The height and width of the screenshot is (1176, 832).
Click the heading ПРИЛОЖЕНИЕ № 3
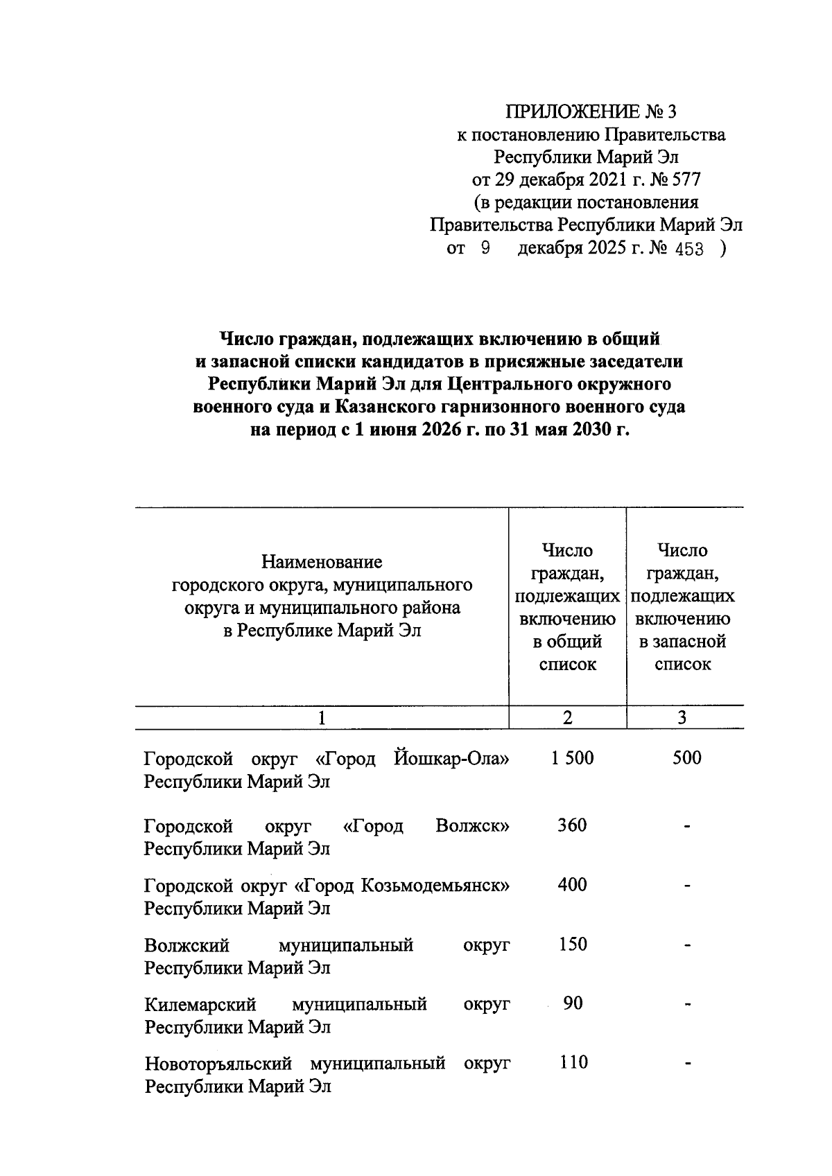591,112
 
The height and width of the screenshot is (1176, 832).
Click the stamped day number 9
485,249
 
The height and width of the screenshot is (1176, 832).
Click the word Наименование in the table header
322,561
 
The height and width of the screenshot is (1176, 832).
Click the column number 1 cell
322,718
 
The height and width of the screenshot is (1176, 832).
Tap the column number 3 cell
682,718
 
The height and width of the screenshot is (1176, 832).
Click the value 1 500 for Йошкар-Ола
573,758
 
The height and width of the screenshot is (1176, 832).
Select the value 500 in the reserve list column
686,758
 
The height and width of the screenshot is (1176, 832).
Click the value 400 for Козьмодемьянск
572,885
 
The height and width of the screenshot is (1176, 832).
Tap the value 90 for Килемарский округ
573,1003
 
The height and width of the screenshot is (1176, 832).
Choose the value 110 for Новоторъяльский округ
573,1062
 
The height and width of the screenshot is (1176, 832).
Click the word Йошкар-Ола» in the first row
451,759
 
